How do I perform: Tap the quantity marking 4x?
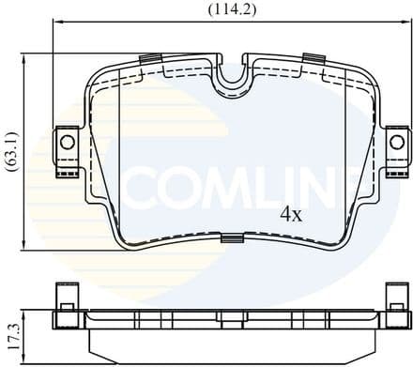[291, 214]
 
